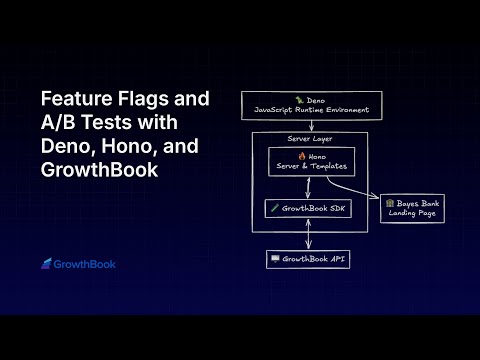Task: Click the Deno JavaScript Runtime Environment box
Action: pos(312,104)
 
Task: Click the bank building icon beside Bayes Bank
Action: pos(390,203)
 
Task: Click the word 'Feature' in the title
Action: pos(74,100)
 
